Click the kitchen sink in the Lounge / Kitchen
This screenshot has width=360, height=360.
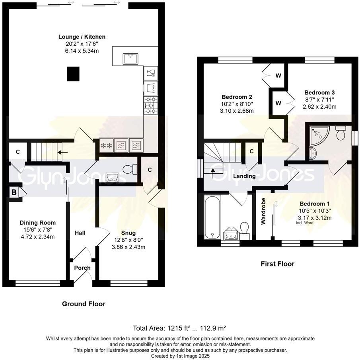click(x=130, y=59)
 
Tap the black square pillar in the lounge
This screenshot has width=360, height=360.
click(x=72, y=74)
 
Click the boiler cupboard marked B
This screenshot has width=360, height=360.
click(x=15, y=192)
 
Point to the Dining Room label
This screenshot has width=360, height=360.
click(x=38, y=223)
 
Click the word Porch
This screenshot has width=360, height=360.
click(x=82, y=268)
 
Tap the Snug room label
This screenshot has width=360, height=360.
click(x=128, y=233)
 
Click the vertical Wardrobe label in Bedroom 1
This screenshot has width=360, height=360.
click(x=263, y=211)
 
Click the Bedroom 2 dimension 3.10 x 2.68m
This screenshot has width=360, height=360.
click(x=237, y=111)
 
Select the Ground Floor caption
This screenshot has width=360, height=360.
click(x=84, y=304)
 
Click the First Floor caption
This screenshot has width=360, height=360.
click(x=277, y=264)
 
